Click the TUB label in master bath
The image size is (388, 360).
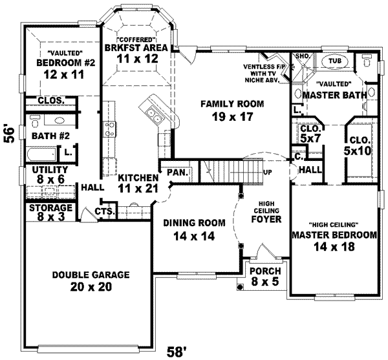tap(334, 60)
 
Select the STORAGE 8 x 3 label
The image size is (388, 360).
tap(50, 212)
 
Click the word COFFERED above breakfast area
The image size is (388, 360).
tap(136, 39)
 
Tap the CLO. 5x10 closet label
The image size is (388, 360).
tap(359, 145)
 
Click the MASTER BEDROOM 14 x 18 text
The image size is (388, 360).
tap(334, 240)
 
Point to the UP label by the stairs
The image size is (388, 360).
tap(268, 173)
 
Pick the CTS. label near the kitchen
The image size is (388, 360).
tap(105, 211)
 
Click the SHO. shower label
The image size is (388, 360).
tap(302, 57)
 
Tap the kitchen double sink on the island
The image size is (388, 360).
tap(156, 116)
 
